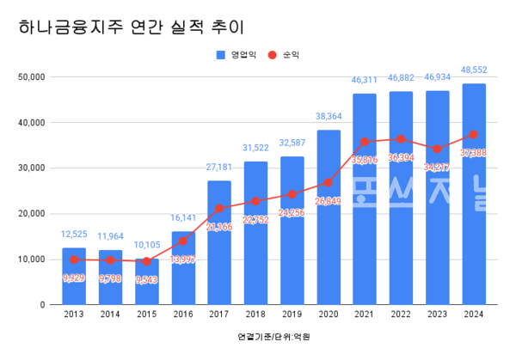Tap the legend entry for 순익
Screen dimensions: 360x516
pos(284,55)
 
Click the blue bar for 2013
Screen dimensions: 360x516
pos(74,276)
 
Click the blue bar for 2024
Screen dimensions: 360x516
pos(474,193)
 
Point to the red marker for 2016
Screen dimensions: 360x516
pos(183,241)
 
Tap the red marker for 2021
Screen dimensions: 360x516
pos(365,142)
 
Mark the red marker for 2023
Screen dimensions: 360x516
pos(438,149)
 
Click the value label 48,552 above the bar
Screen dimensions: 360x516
pos(474,72)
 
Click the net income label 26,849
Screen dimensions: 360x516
pos(329,201)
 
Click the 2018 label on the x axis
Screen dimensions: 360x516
pos(255,315)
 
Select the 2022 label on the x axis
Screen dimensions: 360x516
pos(401,315)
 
